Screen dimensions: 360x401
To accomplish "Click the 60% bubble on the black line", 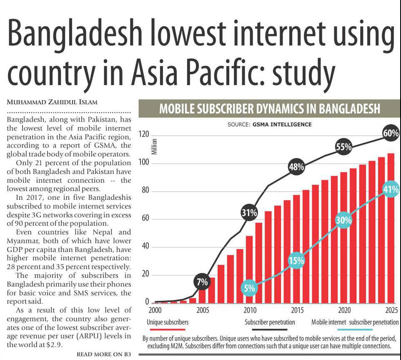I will (x=391, y=134).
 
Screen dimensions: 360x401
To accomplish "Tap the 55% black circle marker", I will (x=344, y=147).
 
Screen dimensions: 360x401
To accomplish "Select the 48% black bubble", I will (x=297, y=168).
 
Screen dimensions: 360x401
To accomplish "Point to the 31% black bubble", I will (x=249, y=213).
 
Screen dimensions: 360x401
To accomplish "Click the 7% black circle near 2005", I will (x=202, y=282).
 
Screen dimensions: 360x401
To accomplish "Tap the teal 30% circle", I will (x=344, y=221).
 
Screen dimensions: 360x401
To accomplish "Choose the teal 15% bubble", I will (x=296, y=261).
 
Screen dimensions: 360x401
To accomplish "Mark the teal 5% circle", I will (x=249, y=287).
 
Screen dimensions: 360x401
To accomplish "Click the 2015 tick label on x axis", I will (x=297, y=311).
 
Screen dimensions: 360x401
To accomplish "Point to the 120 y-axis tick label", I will (x=144, y=135).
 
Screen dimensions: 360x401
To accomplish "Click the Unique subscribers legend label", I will (x=168, y=322).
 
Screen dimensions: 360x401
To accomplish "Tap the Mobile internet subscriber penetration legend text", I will (x=355, y=322).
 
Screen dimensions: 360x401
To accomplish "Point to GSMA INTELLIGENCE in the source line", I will (x=282, y=124).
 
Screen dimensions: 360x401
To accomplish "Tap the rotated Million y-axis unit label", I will (x=154, y=146).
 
